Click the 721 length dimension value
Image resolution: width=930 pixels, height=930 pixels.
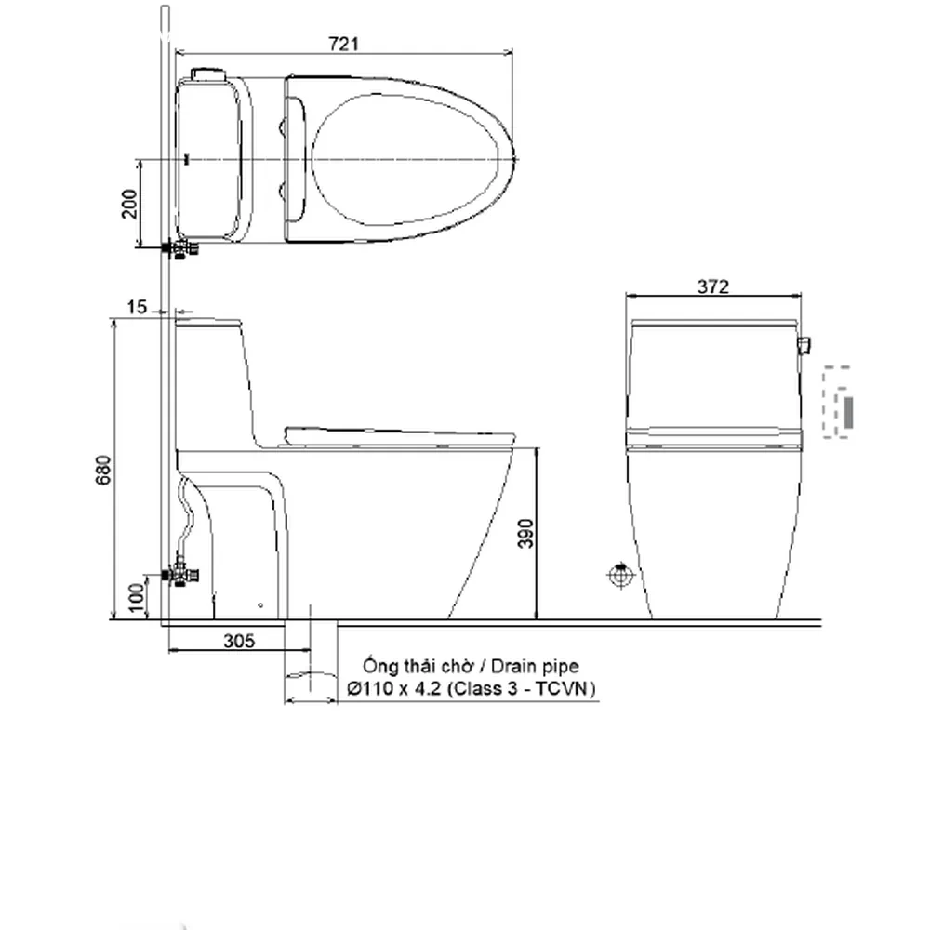(343, 44)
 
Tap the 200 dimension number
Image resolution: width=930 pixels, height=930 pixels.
(129, 204)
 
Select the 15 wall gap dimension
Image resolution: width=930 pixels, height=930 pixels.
(137, 307)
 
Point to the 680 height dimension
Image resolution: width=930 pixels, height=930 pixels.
(102, 470)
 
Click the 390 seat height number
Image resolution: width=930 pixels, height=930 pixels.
(525, 533)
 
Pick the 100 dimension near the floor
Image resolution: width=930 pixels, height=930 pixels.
(136, 597)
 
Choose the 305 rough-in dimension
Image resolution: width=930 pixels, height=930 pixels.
(239, 641)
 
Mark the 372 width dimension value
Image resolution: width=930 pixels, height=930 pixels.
(712, 286)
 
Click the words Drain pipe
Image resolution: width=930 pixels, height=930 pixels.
(535, 666)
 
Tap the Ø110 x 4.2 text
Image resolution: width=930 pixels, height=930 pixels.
(393, 688)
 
